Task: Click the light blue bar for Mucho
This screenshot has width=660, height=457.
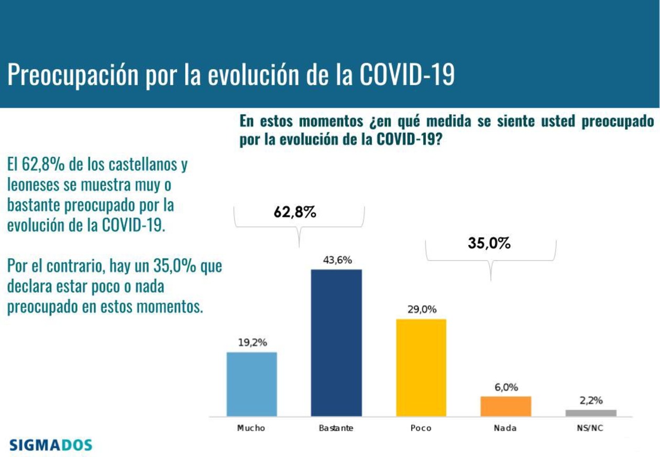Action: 251,384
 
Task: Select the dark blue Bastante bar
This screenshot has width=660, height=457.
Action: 336,343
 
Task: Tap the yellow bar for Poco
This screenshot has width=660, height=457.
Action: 421,367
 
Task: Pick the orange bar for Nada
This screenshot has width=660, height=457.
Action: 506,406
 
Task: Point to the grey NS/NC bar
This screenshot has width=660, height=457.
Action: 591,413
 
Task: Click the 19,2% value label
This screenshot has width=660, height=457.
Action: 252,343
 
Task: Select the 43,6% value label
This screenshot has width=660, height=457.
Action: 337,260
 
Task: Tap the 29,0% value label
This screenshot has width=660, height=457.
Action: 422,310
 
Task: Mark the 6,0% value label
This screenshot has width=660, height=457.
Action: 506,387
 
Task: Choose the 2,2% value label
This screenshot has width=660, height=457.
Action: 591,400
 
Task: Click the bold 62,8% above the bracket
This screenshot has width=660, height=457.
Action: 295,212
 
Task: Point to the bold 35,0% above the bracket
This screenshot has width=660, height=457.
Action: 489,243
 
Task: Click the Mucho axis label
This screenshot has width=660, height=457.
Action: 251,428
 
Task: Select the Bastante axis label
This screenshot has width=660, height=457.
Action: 336,428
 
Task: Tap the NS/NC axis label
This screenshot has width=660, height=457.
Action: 590,428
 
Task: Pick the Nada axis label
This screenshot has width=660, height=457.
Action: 505,428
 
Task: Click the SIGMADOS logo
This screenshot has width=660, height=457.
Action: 51,445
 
